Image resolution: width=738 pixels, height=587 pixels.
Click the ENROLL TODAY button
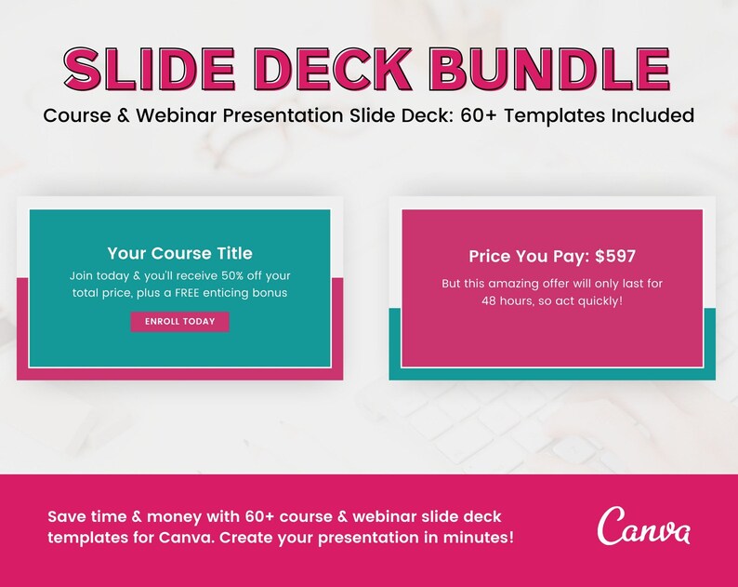pyautogui.click(x=179, y=322)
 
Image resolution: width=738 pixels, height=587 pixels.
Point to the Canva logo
pyautogui.click(x=644, y=527)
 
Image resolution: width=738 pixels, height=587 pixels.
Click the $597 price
pyautogui.click(x=615, y=257)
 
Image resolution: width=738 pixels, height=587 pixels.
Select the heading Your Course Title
pyautogui.click(x=179, y=253)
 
